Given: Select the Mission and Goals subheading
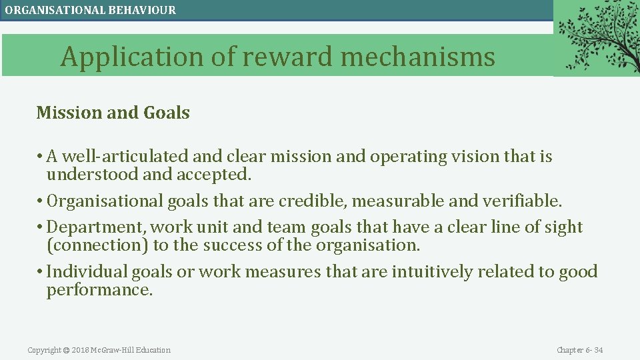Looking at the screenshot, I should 113,113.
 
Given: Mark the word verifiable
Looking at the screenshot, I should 526,201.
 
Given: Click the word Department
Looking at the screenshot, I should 90,227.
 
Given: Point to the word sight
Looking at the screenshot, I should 564,227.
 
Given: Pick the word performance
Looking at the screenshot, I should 99,290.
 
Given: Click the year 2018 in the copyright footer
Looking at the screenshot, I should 80,350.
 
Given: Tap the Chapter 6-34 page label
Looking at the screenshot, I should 579,350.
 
